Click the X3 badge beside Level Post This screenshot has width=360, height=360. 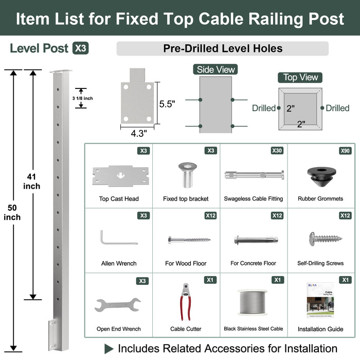[x=81, y=48]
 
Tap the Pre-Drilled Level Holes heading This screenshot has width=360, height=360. [x=223, y=49]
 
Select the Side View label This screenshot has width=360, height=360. [x=216, y=69]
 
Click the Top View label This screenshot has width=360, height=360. [x=301, y=77]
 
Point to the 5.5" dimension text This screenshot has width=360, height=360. [x=167, y=104]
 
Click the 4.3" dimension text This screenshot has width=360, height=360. [x=138, y=133]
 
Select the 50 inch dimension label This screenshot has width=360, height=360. [x=12, y=212]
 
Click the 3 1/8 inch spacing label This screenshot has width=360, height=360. [x=83, y=98]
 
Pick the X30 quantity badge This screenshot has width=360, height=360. [x=277, y=151]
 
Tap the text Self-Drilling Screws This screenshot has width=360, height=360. [x=320, y=263]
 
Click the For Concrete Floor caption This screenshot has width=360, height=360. [x=253, y=263]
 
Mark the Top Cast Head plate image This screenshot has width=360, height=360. [x=119, y=175]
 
